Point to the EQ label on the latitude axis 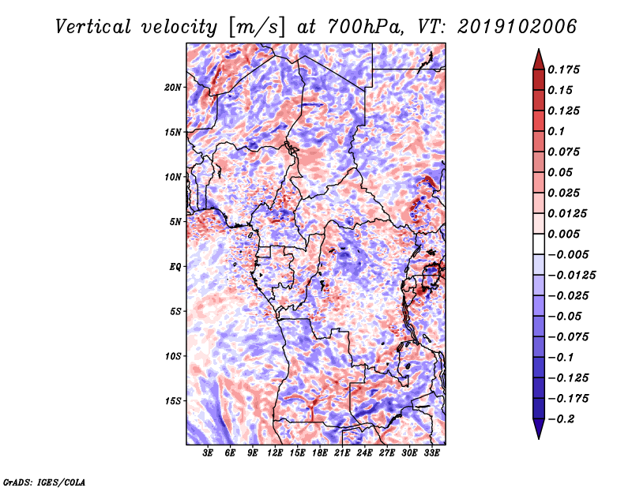click(x=175, y=267)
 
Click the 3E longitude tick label click(x=209, y=454)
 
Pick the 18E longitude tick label click(x=321, y=454)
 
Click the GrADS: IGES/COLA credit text click(x=44, y=481)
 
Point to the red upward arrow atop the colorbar click(x=537, y=58)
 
